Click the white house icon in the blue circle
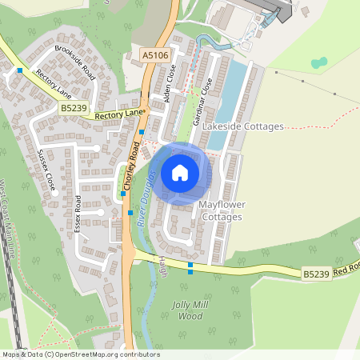(180, 173)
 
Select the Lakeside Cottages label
(243, 126)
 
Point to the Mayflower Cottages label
(222, 211)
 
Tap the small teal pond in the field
(319, 62)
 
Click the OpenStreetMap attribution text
(80, 354)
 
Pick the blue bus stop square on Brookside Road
(20, 70)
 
